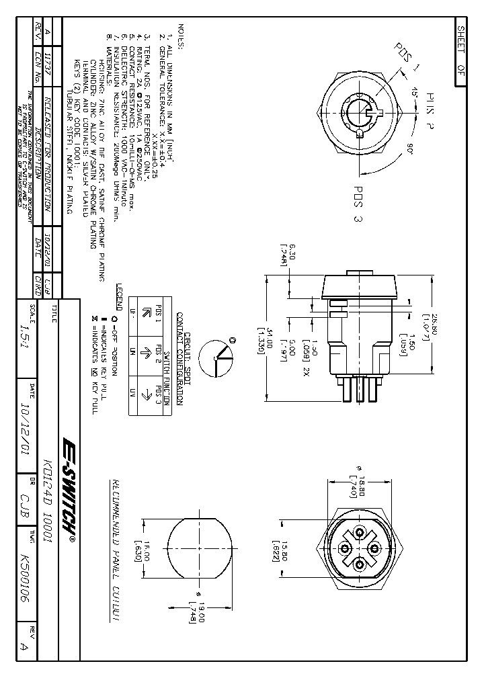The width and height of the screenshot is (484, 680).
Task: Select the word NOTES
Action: click(x=180, y=35)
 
